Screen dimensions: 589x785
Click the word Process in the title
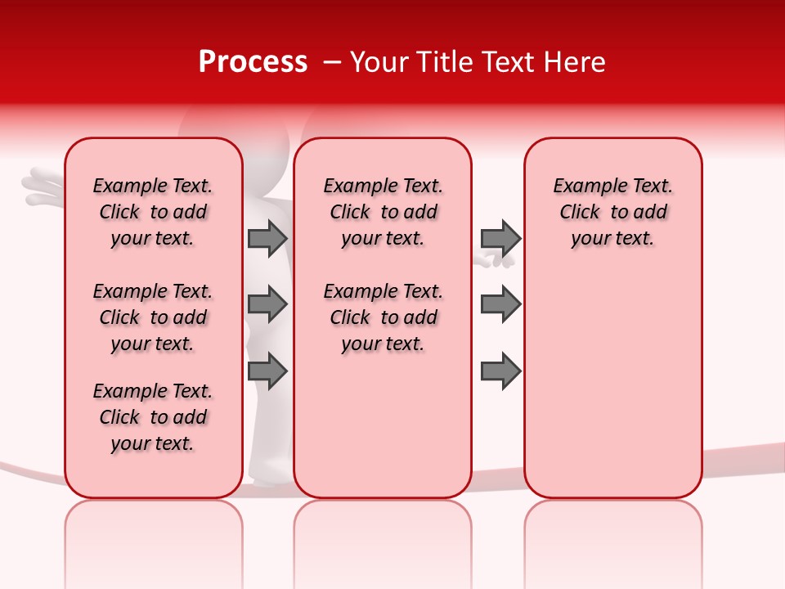pos(253,61)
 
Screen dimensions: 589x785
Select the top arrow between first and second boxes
pos(267,238)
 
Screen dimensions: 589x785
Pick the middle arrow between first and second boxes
pos(267,304)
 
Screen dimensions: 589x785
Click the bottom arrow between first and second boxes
pos(267,371)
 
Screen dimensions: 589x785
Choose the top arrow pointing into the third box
pos(500,238)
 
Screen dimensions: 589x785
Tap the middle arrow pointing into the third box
pos(500,304)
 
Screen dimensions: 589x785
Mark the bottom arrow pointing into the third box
pos(500,371)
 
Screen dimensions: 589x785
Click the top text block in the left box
pos(153,212)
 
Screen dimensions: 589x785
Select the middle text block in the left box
pos(153,317)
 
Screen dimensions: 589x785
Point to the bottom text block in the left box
pos(153,417)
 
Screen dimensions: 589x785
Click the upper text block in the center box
pos(383,212)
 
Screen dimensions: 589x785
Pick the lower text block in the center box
pos(383,317)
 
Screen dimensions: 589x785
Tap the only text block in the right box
pos(613,212)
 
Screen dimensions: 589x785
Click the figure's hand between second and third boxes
pos(494,260)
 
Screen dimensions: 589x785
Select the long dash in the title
pos(333,62)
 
